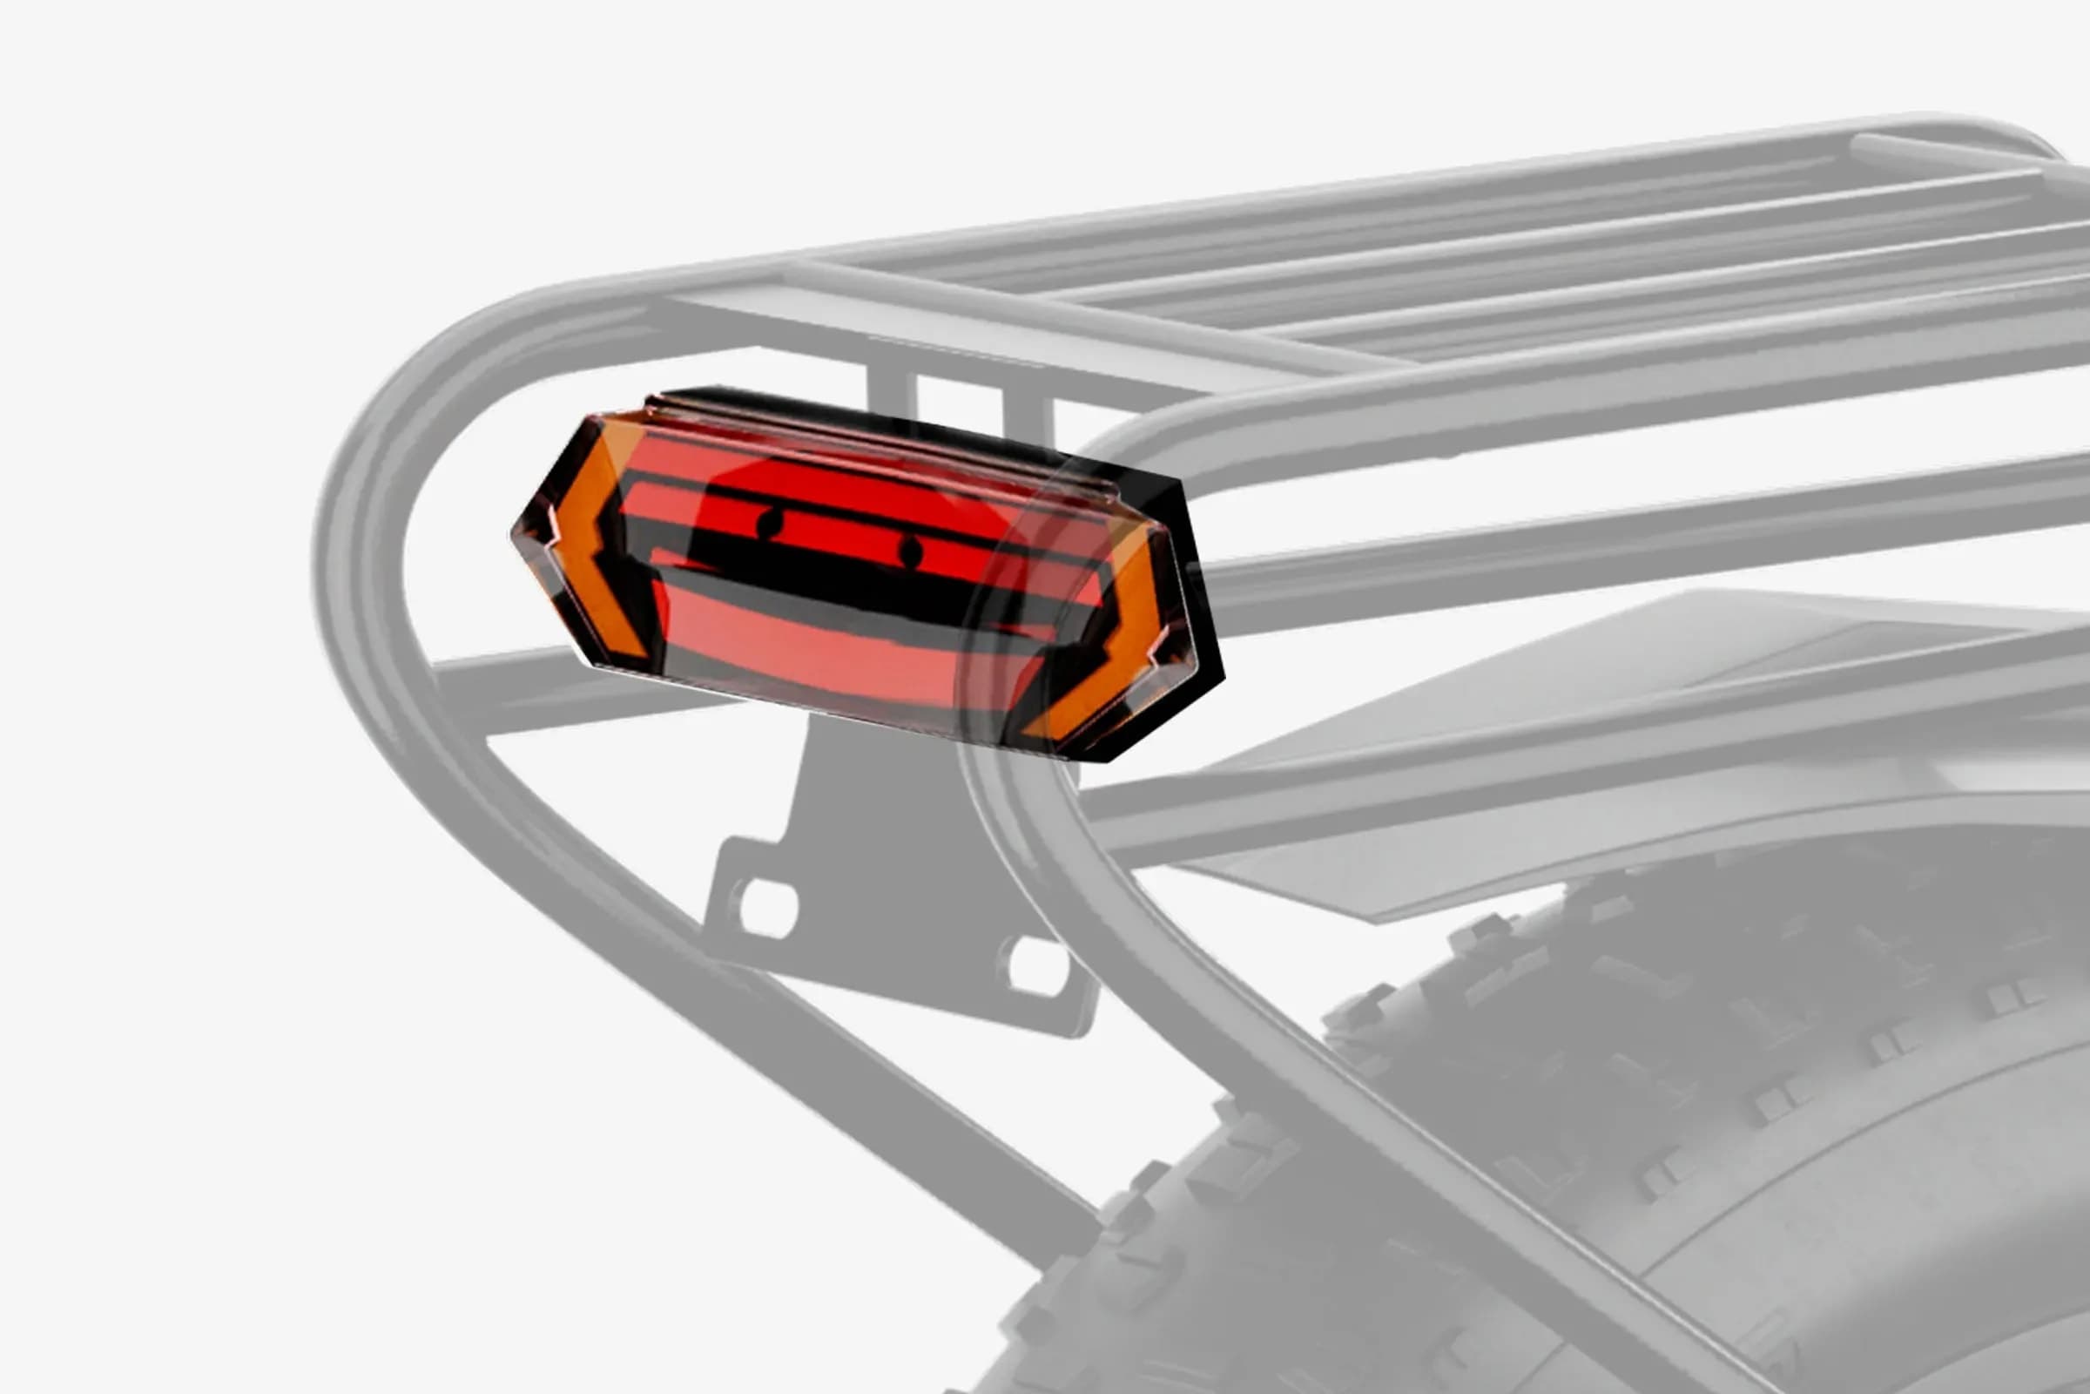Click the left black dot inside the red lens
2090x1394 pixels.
(770, 524)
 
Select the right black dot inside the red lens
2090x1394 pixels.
(910, 552)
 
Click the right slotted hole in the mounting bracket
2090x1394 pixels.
(1035, 965)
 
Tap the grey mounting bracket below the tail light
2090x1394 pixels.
(888, 854)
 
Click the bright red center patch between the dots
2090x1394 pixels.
(839, 533)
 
